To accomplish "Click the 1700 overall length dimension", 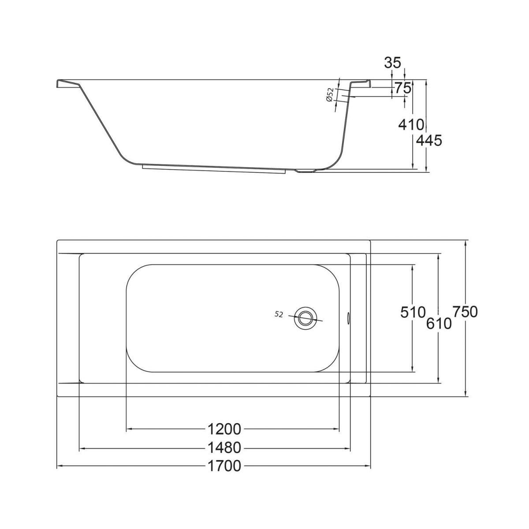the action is coord(224,466).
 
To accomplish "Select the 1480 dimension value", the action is coord(224,448).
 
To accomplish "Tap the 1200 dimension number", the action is coord(224,429).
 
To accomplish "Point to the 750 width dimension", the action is coord(465,312).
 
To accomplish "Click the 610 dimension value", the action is coord(439,324).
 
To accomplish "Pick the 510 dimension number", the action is coord(413,312).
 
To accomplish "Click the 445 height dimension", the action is coord(429,141).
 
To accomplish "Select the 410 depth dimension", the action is coord(411,125).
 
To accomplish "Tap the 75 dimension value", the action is coord(403,88).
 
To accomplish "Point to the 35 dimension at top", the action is coord(393,63).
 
